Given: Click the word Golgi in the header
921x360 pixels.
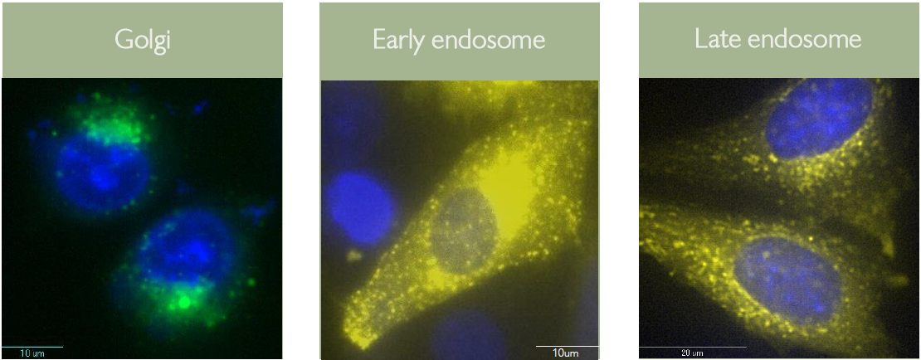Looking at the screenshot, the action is (x=143, y=40).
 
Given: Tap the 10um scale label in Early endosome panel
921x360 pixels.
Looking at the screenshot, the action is (x=566, y=353).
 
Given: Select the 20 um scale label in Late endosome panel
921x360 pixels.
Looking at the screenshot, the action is (x=693, y=353).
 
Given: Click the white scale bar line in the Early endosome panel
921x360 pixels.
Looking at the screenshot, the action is (x=567, y=346).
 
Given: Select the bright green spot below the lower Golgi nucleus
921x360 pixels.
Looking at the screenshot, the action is (x=184, y=302).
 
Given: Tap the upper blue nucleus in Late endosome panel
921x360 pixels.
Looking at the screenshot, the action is (x=818, y=119).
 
